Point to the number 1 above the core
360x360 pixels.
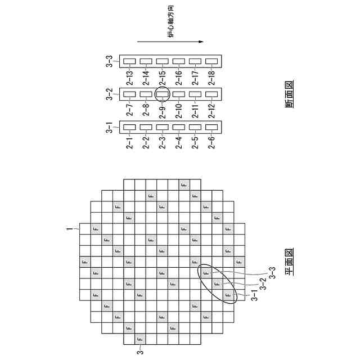coord(71,229)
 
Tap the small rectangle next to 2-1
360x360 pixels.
coord(129,127)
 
